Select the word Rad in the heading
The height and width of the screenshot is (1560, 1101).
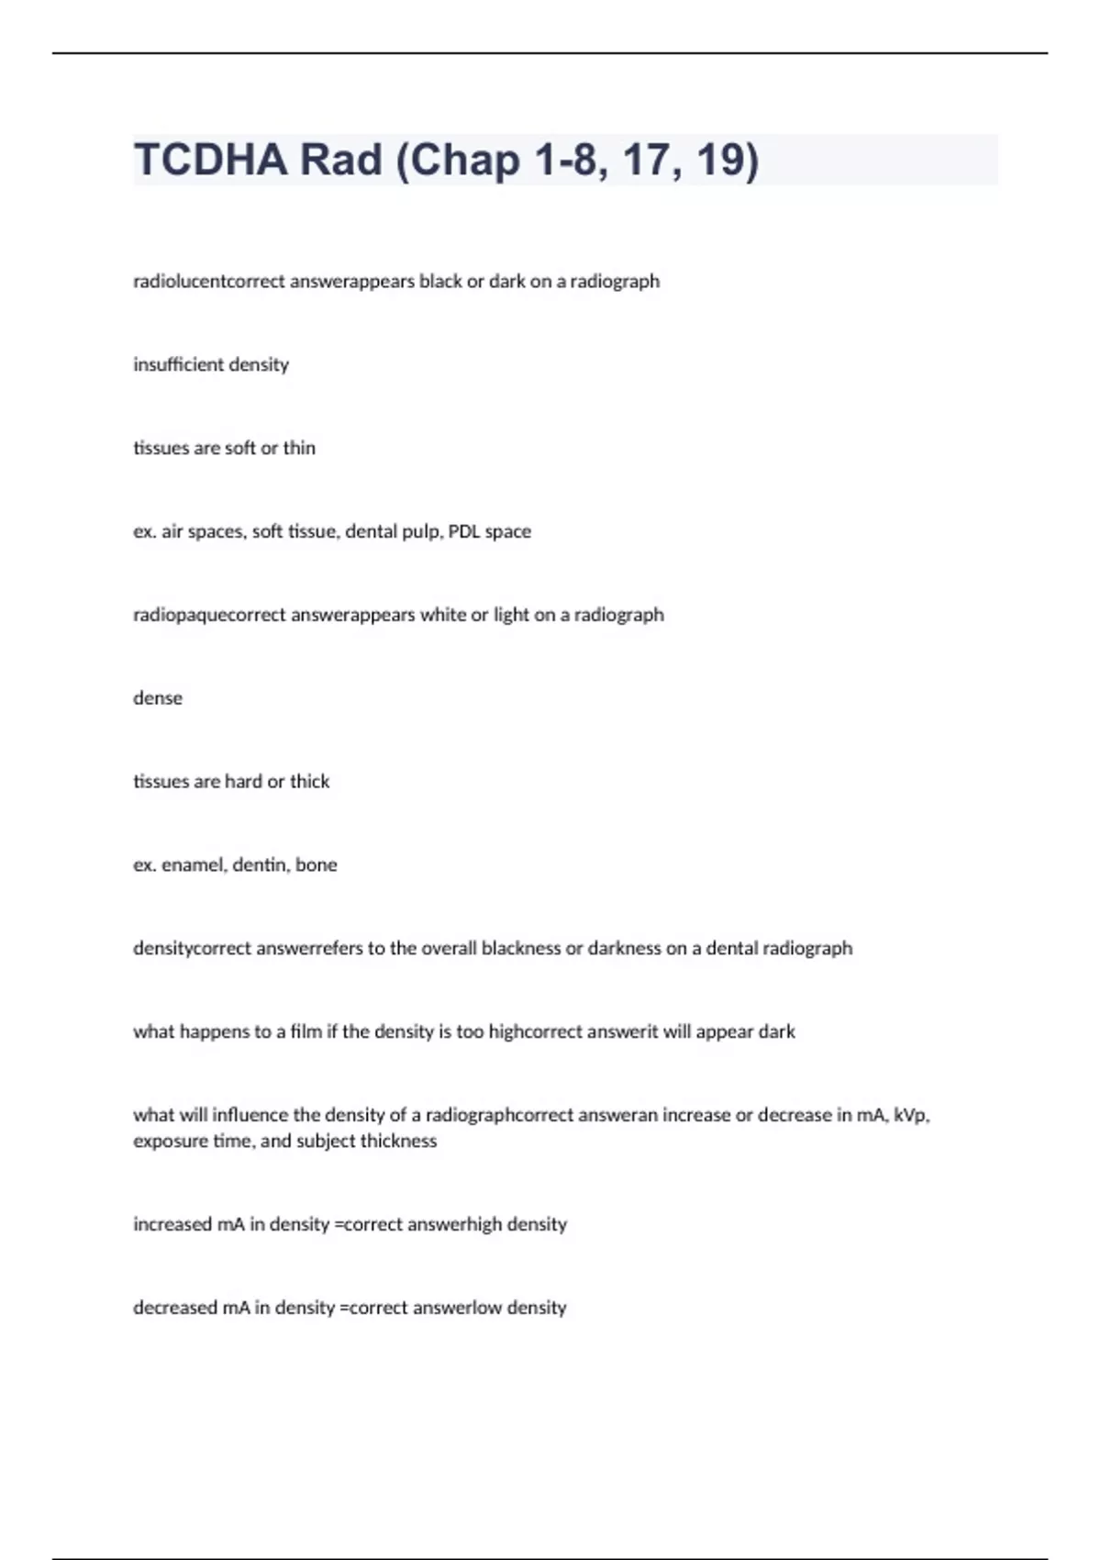341,160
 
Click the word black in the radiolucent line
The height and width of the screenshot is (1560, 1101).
440,281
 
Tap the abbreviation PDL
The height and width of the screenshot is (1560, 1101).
464,531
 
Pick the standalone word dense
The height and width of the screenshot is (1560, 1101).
158,698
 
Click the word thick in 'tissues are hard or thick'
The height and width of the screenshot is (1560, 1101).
309,782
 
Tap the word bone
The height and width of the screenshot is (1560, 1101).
317,865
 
